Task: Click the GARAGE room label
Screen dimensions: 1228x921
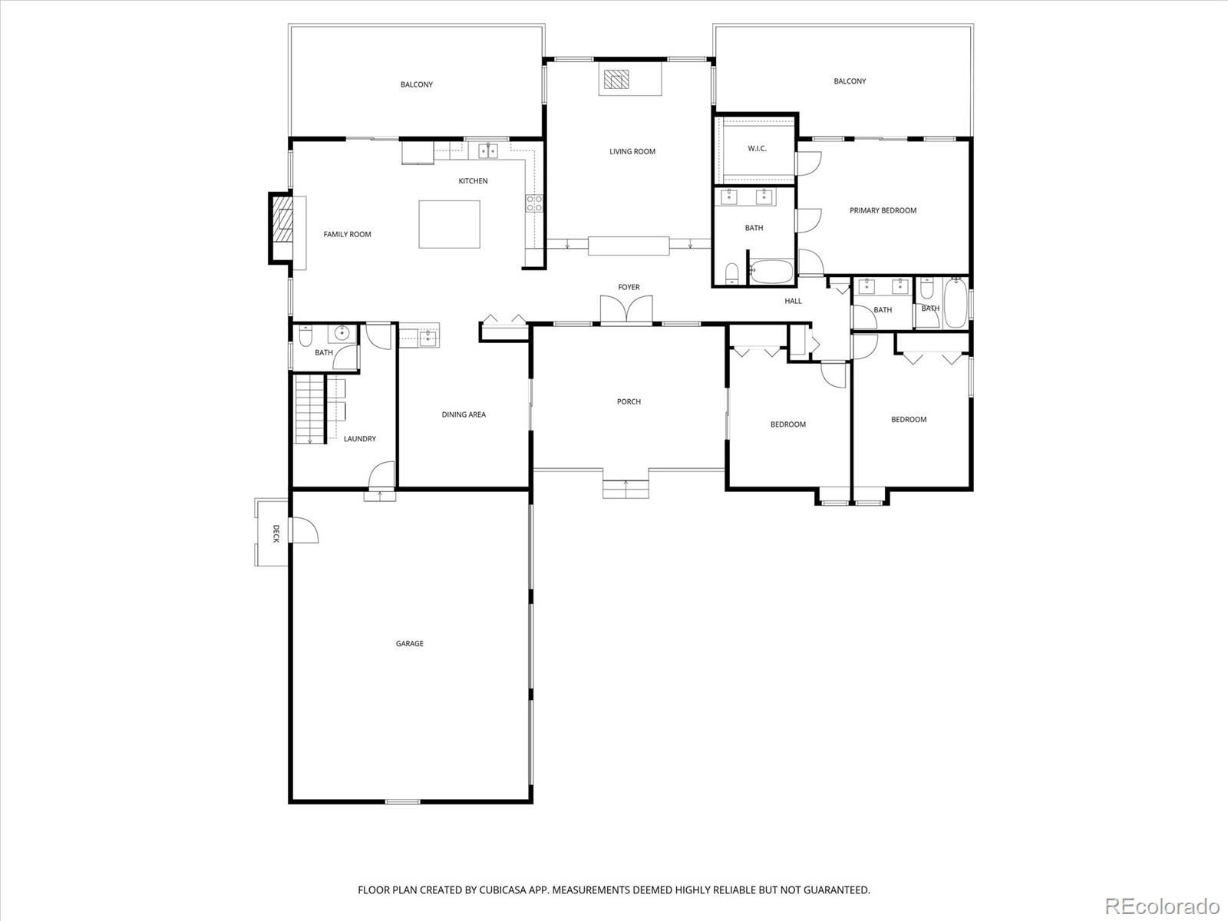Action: coord(410,644)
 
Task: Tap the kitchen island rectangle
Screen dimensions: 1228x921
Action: coord(449,224)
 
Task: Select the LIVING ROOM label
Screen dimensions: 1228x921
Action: coord(632,151)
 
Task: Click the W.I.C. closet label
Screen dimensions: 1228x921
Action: coord(757,149)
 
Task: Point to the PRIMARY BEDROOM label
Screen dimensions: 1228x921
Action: coord(883,211)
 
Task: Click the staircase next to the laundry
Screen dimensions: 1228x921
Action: coord(309,409)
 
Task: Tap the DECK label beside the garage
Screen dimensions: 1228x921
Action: coord(276,533)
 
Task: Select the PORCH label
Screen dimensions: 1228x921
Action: coord(629,401)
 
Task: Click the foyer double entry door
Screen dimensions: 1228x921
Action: coord(626,309)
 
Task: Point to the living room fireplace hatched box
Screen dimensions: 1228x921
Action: coord(616,79)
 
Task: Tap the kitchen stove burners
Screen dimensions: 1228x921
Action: coord(533,203)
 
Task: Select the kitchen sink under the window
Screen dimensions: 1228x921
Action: coord(488,150)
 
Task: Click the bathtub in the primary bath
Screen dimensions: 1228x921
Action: coord(771,271)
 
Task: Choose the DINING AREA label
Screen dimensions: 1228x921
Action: coord(464,415)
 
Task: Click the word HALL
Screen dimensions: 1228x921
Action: coord(794,302)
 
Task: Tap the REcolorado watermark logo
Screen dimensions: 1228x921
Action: coord(1163,905)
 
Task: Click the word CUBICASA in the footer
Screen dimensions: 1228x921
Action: coord(502,890)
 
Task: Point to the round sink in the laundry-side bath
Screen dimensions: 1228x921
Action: coord(342,333)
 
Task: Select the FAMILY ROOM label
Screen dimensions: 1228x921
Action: coord(347,235)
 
